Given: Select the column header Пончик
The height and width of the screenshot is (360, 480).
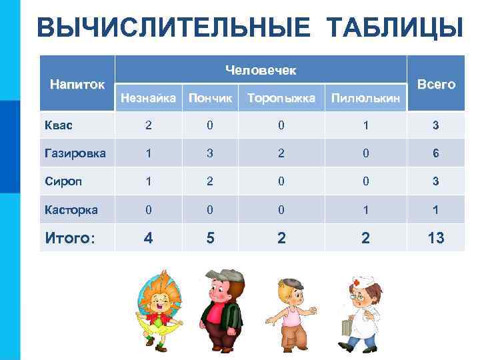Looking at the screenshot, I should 211,98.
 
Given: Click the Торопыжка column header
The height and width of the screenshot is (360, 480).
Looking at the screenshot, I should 281,98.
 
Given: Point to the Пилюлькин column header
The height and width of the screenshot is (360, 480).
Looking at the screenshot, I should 366,99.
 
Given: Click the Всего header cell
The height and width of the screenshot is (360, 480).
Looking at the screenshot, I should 436,84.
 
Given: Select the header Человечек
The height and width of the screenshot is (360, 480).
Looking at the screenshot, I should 261,69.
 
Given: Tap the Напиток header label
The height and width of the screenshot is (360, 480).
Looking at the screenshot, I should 77,84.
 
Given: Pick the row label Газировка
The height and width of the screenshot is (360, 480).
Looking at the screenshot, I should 74,153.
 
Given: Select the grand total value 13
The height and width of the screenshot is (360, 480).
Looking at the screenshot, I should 436,237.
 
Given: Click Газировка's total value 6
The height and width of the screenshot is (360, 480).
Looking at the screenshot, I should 436,153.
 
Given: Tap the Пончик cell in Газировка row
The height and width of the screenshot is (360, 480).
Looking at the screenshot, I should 211,153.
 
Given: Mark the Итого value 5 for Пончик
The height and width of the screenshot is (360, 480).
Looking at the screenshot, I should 211,237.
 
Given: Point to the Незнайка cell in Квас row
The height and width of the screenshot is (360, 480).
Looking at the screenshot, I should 148,125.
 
